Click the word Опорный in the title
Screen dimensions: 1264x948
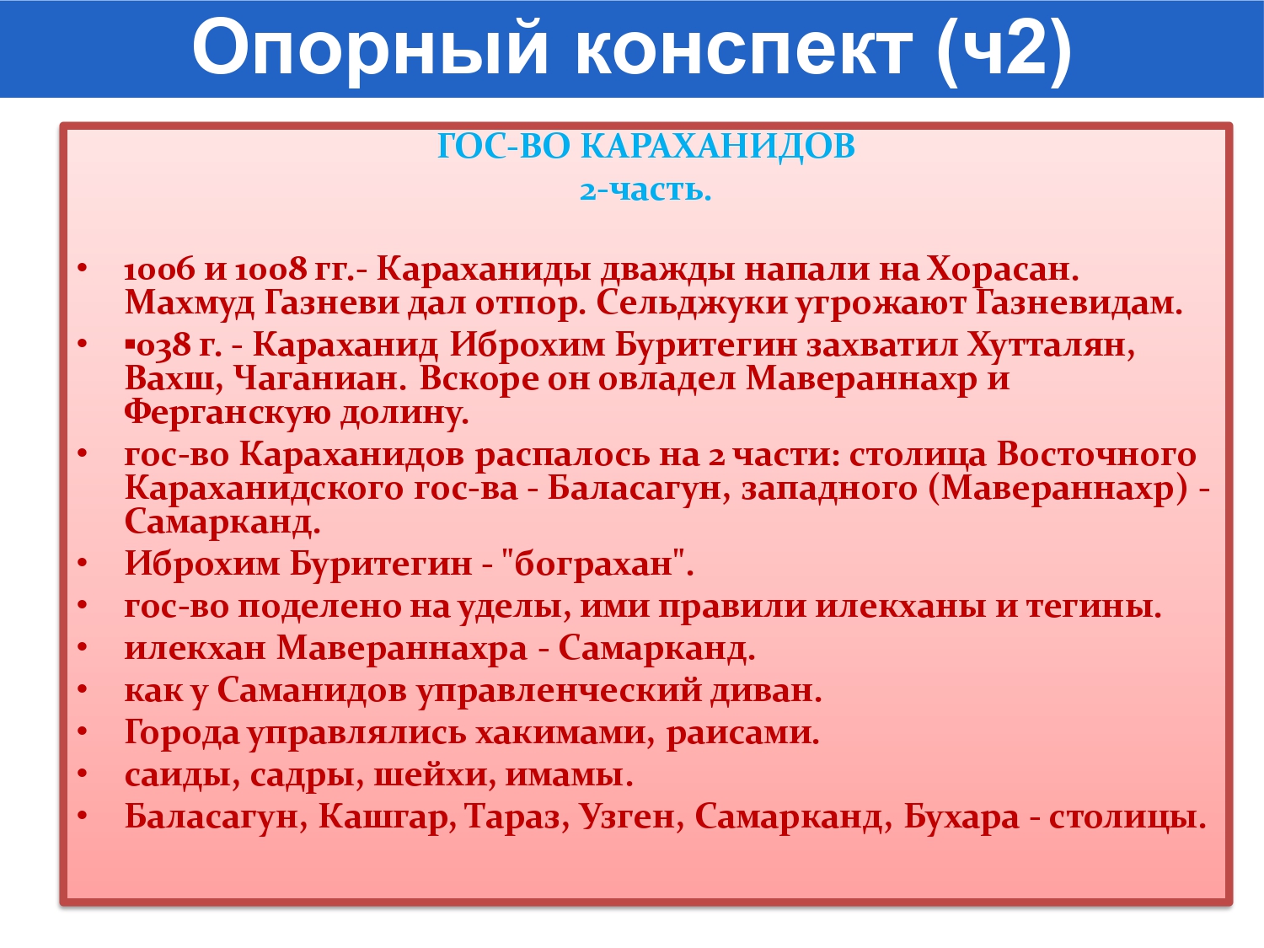pyautogui.click(x=370, y=49)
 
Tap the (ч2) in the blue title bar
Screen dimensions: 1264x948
pyautogui.click(x=1004, y=51)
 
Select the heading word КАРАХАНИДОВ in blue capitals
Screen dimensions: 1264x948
pyautogui.click(x=717, y=146)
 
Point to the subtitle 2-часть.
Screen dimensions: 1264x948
pyautogui.click(x=645, y=189)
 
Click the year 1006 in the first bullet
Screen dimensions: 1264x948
pyautogui.click(x=159, y=270)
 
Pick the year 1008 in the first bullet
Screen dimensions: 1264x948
pyautogui.click(x=270, y=270)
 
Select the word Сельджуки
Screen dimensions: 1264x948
pyautogui.click(x=692, y=303)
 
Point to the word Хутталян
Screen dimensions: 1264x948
pyautogui.click(x=1052, y=345)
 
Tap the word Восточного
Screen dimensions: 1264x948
pyautogui.click(x=1096, y=454)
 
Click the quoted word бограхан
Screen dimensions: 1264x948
pyautogui.click(x=593, y=564)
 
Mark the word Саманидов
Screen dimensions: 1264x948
pyautogui.click(x=312, y=691)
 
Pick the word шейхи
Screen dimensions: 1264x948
pyautogui.click(x=435, y=776)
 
